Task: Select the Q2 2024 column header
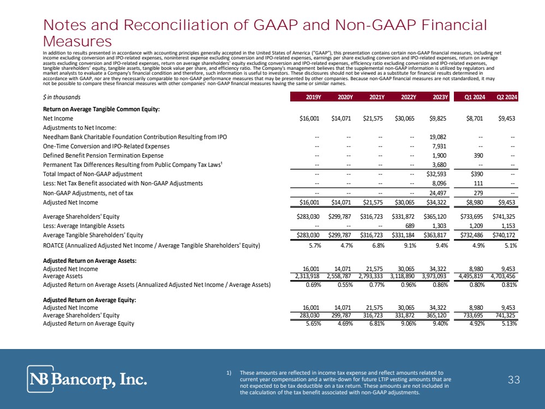tap(506, 98)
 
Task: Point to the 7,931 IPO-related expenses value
tap(440, 146)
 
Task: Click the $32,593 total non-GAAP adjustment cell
tap(436, 174)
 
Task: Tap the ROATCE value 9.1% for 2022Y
tap(409, 245)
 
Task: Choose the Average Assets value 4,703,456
tap(500, 276)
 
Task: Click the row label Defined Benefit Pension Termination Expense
tap(102, 155)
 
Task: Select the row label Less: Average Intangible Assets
tap(83, 225)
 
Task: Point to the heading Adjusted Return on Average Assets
tap(89, 261)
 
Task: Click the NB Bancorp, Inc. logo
tap(87, 378)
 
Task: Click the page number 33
tap(513, 380)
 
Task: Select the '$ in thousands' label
tap(62, 98)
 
